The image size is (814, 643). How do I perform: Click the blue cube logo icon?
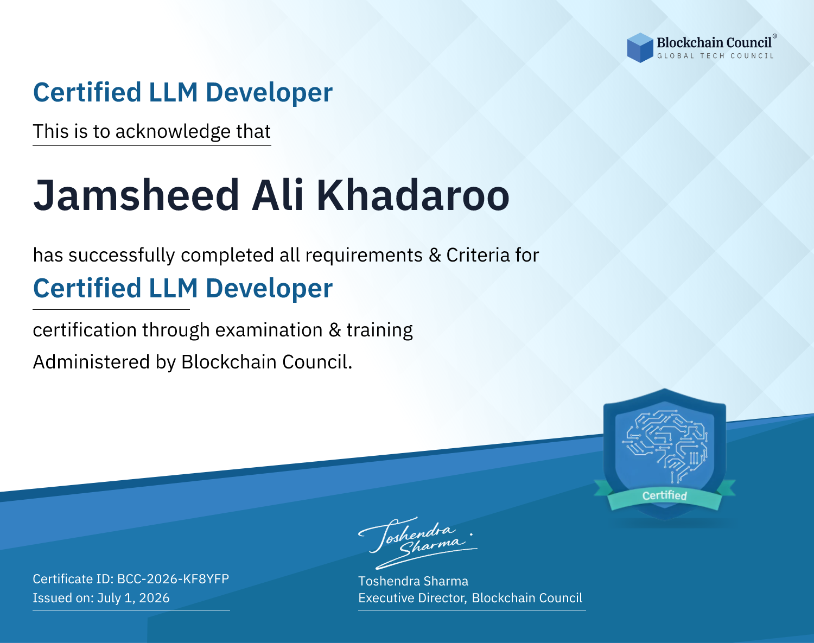coord(640,48)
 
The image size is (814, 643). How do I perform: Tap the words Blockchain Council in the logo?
coord(714,42)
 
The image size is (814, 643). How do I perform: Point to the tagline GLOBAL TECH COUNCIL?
coord(715,56)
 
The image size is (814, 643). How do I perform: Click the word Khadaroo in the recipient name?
coord(412,195)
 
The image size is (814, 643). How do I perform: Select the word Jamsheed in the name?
coord(136,195)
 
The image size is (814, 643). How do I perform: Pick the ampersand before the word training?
coord(334,330)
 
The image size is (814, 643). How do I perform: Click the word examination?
coord(269,330)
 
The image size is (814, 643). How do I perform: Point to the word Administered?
coord(91,362)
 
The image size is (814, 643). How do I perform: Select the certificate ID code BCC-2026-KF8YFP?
coord(173,578)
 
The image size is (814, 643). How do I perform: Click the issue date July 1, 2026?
coord(133,597)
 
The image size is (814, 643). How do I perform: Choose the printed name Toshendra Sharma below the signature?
coord(413,581)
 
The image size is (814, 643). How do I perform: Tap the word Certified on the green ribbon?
coord(664,495)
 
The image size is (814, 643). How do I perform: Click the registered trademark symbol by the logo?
coord(774,36)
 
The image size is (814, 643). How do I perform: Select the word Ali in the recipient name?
coord(278,195)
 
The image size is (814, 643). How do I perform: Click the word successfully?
coord(122,256)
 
